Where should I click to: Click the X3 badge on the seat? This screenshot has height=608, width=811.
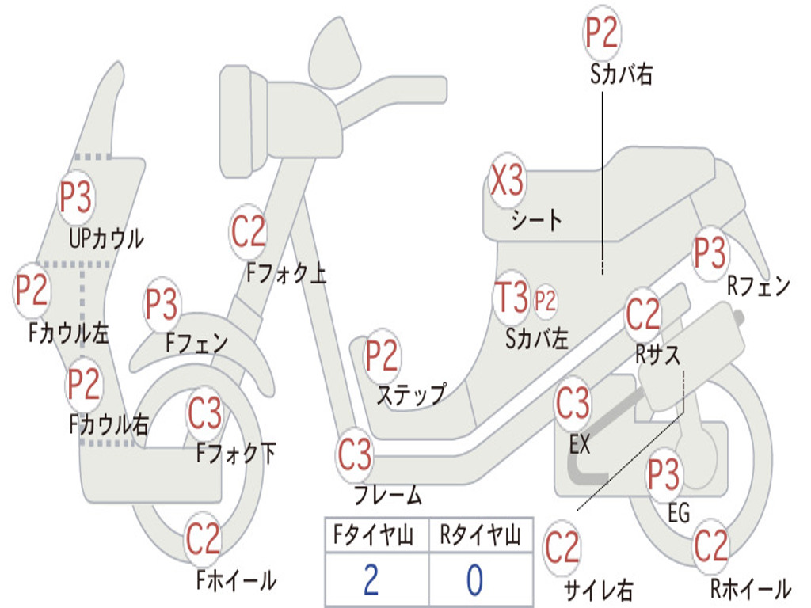(x=508, y=180)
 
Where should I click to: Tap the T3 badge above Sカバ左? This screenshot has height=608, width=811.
(x=511, y=298)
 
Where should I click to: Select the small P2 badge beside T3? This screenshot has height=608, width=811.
(x=545, y=300)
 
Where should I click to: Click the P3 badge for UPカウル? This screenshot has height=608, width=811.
(x=76, y=197)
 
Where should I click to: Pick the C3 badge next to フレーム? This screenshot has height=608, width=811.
(x=355, y=455)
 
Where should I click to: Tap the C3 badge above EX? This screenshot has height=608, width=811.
(x=573, y=403)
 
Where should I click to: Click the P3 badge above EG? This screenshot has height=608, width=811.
(x=664, y=475)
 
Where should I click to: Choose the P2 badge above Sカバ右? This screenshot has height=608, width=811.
(x=602, y=32)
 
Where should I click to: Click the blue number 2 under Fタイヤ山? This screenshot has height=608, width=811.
(x=371, y=579)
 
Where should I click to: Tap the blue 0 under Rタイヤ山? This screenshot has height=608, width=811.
(x=475, y=579)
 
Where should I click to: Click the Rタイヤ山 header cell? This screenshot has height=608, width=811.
(x=481, y=535)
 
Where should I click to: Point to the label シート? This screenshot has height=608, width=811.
(x=536, y=220)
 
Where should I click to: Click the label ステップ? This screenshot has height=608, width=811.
(x=411, y=394)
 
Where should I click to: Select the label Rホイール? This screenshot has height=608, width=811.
(x=751, y=588)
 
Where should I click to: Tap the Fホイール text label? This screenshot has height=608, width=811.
(x=236, y=580)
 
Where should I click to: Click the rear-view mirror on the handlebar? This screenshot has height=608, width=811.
(x=335, y=52)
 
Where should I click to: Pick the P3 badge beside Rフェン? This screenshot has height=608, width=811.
(x=710, y=253)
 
